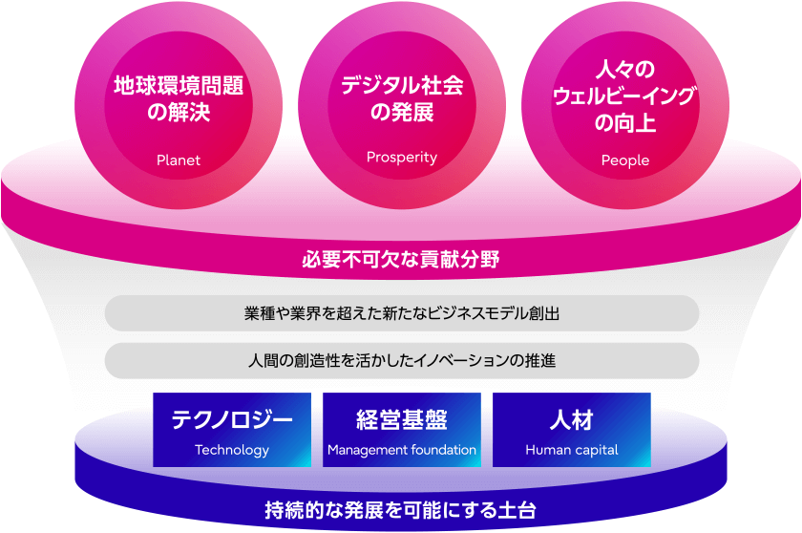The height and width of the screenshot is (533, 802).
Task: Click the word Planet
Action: click(179, 160)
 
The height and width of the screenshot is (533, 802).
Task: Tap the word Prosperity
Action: click(402, 157)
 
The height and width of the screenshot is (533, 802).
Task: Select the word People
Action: click(625, 160)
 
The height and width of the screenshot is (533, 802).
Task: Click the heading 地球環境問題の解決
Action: click(179, 98)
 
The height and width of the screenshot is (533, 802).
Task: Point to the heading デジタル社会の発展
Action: click(402, 98)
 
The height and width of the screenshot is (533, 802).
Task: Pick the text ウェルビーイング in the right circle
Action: click(625, 96)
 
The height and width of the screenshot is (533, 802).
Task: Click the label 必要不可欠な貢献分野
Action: click(401, 260)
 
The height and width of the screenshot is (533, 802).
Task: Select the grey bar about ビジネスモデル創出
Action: click(402, 313)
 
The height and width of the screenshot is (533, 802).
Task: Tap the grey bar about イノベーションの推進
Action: click(402, 361)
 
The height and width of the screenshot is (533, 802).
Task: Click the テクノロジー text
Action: click(232, 420)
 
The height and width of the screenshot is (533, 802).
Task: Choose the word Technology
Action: click(232, 450)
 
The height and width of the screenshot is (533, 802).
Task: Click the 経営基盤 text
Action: click(402, 420)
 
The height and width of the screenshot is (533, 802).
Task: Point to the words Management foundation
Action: click(402, 450)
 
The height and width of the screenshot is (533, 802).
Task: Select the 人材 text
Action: click(572, 420)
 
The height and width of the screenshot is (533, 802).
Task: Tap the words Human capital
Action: click(572, 450)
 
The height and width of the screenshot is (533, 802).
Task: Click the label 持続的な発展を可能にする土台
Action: click(400, 510)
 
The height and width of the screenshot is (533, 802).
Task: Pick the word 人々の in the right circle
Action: click(625, 70)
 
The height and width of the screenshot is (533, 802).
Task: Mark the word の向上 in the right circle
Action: click(625, 123)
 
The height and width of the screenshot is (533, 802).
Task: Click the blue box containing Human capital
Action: click(572, 430)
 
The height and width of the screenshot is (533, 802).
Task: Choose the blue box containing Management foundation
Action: click(402, 430)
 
